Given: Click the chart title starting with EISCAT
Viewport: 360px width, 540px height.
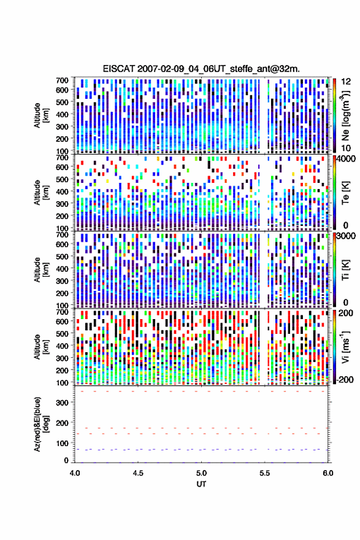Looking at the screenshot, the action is click(201, 69).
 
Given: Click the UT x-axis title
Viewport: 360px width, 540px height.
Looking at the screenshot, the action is click(201, 484).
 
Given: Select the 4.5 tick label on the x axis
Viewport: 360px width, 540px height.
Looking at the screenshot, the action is click(138, 473).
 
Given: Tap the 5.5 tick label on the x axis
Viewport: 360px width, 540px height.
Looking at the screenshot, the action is click(265, 473).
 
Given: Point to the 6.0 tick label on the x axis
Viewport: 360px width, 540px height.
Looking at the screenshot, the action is click(327, 473).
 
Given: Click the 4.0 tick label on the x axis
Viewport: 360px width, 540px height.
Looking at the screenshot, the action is click(75, 473).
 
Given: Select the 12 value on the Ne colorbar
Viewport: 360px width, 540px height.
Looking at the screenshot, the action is click(347, 82).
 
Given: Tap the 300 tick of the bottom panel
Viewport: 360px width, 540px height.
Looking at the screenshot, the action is click(63, 403).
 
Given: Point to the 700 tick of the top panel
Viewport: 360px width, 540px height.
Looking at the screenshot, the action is click(63, 80).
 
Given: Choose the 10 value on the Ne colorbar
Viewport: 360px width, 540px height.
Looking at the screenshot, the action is click(347, 148).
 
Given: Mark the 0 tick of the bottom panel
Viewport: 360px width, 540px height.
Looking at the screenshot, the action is click(66, 460).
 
